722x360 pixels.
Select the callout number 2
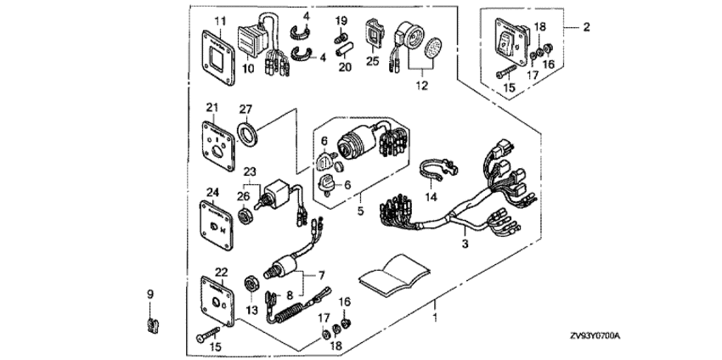click(x=585, y=27)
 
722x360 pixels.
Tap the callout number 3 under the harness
click(x=465, y=244)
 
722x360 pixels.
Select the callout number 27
click(x=246, y=108)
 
